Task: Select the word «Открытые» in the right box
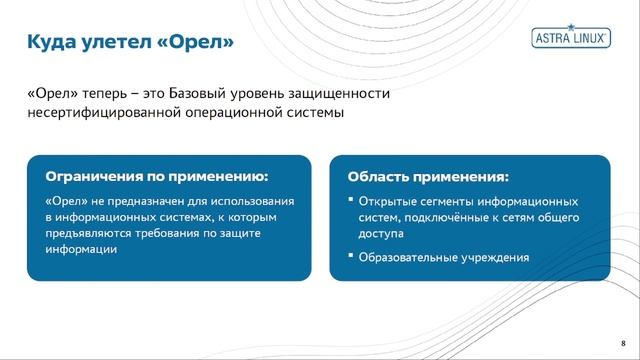point(387,201)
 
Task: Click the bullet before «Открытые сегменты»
point(350,200)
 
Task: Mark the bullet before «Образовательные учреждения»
point(350,256)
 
